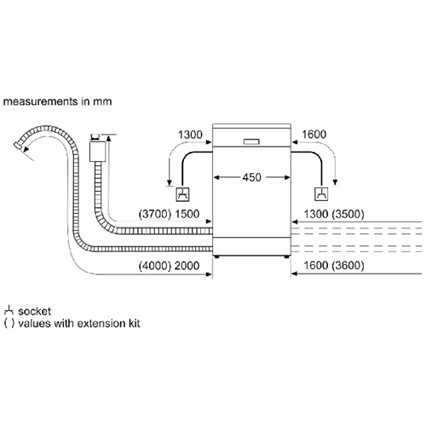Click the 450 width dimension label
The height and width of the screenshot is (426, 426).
click(x=251, y=177)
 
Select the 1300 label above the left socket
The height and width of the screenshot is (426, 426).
click(x=190, y=135)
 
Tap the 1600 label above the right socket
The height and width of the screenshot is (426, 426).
click(x=314, y=135)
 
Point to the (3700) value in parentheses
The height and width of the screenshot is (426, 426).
click(x=155, y=214)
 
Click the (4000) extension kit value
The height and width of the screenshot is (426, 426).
click(x=155, y=266)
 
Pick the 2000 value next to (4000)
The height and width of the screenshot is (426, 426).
click(x=187, y=266)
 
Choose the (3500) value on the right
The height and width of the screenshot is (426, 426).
click(x=348, y=214)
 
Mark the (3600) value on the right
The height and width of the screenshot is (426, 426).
click(x=348, y=266)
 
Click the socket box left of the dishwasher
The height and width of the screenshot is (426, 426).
click(x=183, y=194)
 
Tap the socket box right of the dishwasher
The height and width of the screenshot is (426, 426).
click(x=321, y=194)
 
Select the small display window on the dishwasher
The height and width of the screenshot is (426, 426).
click(x=251, y=141)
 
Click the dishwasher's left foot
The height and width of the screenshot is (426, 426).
click(x=217, y=256)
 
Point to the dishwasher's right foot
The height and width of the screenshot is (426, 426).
click(x=286, y=256)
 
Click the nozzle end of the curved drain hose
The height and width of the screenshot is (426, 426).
click(x=18, y=145)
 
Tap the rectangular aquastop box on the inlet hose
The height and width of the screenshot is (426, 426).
click(x=97, y=152)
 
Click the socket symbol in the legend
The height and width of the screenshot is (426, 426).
click(x=9, y=310)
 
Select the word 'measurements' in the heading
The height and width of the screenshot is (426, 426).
click(x=41, y=101)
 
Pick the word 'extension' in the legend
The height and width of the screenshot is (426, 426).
click(x=101, y=324)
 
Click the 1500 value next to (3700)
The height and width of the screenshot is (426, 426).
click(x=187, y=214)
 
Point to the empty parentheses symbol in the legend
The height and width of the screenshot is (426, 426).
click(x=9, y=324)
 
